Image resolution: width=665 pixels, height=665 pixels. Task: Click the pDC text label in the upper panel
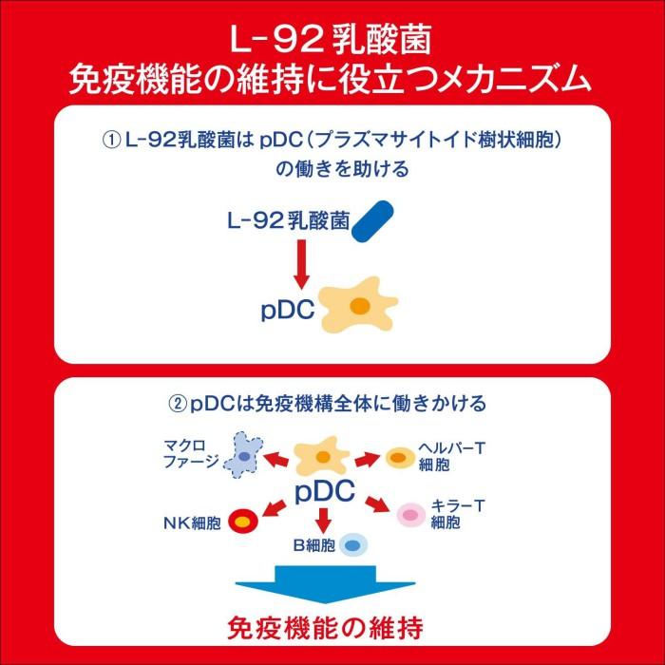pos(288,312)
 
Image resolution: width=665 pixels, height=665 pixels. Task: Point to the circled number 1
pos(111,140)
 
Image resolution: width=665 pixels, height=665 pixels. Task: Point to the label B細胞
pos(314,546)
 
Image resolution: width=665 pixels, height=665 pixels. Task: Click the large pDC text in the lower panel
pos(324,491)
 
